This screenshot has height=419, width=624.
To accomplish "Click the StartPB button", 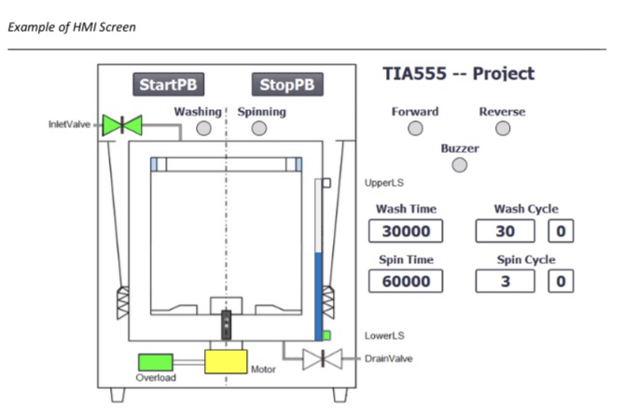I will [x=168, y=85].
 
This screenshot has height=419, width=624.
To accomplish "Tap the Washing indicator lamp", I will [x=203, y=129].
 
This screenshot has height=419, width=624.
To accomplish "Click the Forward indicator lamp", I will [x=415, y=129].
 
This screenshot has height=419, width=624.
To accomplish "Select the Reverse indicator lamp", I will [x=502, y=129].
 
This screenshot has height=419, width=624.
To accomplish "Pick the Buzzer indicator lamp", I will [x=459, y=165].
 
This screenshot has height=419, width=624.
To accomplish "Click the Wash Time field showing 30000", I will [x=405, y=230].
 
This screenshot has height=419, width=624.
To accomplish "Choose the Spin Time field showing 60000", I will [x=405, y=281].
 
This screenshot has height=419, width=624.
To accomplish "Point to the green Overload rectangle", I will [x=156, y=362].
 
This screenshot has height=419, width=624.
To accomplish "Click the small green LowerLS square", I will [x=326, y=335].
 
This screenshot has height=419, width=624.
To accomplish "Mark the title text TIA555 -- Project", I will [x=459, y=75].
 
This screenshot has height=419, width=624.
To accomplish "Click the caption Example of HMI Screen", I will [x=72, y=27].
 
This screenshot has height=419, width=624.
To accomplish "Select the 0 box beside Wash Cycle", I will [x=561, y=230].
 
